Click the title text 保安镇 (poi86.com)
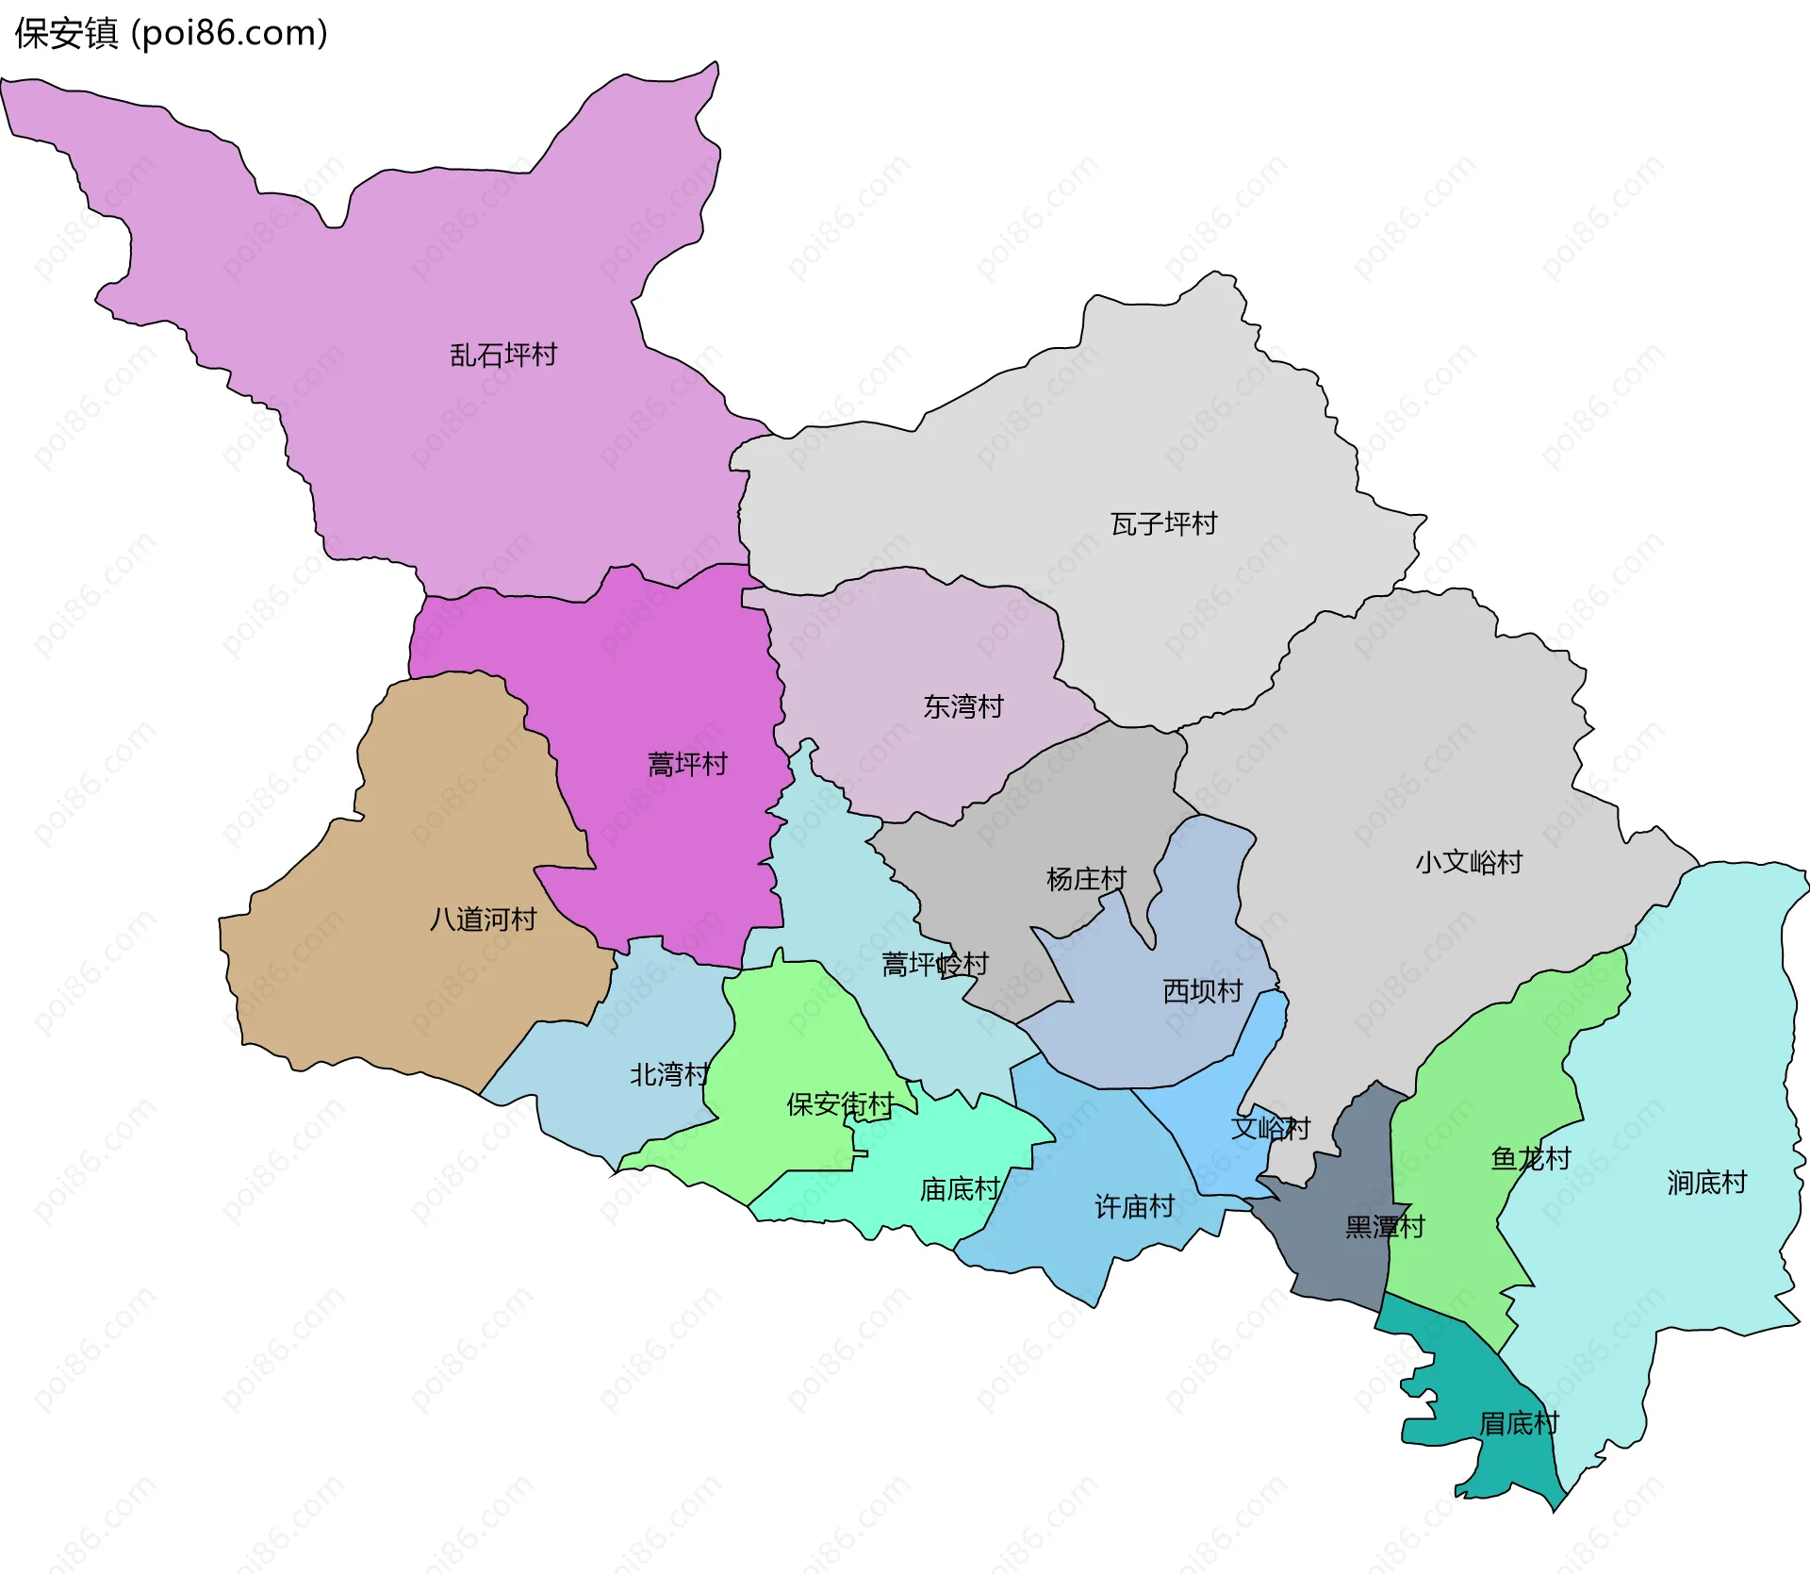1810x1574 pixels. tap(171, 34)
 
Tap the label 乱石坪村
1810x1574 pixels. tap(503, 356)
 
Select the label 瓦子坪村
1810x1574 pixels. tap(1163, 524)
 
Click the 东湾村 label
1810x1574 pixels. tap(963, 707)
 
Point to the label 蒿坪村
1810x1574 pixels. tap(687, 765)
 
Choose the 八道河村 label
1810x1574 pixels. tap(483, 920)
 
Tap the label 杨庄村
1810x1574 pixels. tap(1086, 880)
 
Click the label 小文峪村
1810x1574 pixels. tap(1468, 863)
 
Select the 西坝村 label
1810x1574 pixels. tap(1202, 992)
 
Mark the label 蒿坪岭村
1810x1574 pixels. tap(934, 965)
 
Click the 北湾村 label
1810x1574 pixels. tap(668, 1075)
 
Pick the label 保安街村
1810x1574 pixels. tap(840, 1105)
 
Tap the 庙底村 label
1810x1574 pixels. tap(960, 1190)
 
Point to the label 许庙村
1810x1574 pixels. tap(1134, 1207)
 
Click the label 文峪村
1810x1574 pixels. tap(1270, 1129)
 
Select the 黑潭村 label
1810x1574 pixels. tap(1384, 1228)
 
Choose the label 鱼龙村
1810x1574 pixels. tap(1530, 1159)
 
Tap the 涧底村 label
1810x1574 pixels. tap(1706, 1184)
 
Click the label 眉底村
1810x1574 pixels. tap(1518, 1424)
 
